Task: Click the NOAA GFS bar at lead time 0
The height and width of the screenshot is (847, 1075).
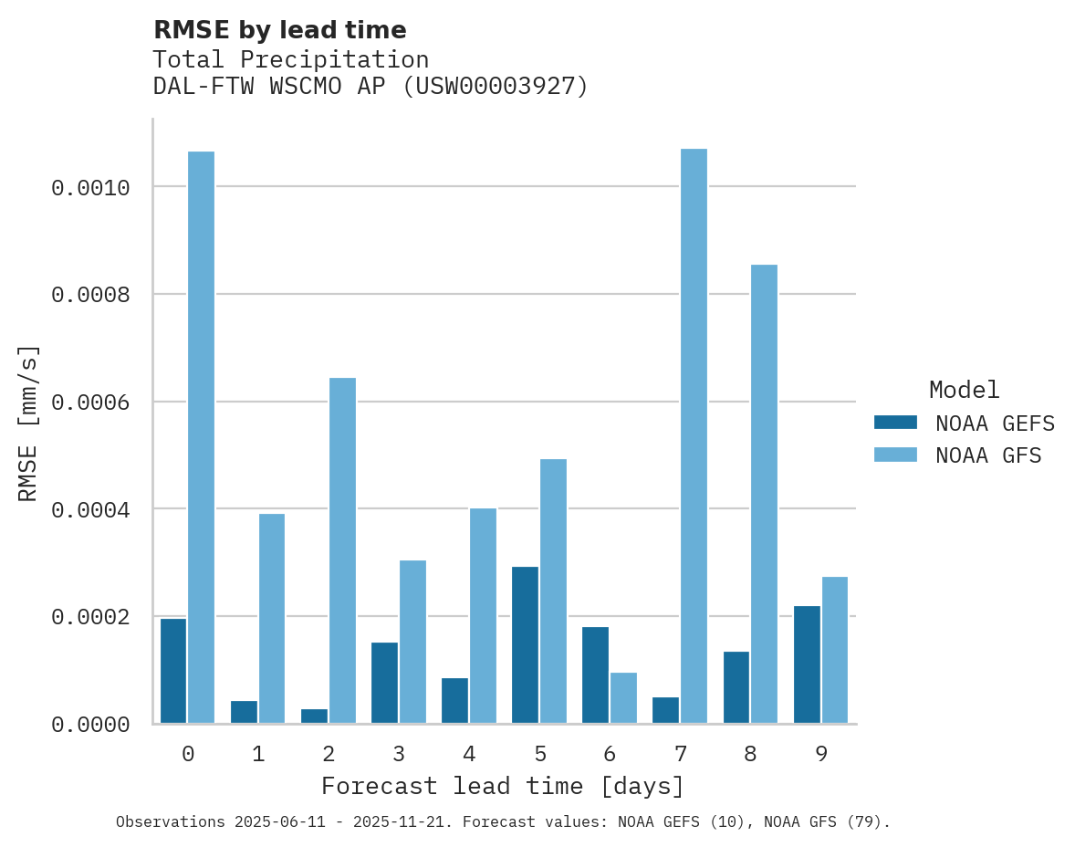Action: coord(202,437)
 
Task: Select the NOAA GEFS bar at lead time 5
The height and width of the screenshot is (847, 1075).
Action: coord(525,645)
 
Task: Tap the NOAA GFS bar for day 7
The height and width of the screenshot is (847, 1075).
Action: coord(694,436)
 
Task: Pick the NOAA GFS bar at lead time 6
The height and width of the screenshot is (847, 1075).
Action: coord(623,698)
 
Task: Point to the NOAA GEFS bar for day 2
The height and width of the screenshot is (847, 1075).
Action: coord(314,716)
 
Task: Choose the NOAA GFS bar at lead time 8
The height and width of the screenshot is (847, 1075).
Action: coord(764,494)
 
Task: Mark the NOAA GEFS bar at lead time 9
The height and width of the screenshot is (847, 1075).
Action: coord(807,664)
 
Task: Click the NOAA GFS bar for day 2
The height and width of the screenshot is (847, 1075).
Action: coord(342,550)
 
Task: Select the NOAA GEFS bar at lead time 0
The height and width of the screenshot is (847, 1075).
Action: coord(173,671)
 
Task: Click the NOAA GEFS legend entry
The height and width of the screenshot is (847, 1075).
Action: coord(964,423)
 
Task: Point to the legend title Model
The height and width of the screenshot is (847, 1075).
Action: coord(964,391)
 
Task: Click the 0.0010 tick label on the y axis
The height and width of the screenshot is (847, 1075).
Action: coord(90,188)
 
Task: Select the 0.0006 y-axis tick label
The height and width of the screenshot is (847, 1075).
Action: coord(90,403)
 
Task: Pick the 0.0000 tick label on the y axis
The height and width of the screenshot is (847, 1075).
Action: coord(90,725)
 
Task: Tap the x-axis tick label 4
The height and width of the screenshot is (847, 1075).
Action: coord(469,754)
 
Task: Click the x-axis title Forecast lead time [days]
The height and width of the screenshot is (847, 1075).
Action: coord(503,786)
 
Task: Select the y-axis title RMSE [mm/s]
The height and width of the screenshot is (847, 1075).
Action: coord(29,423)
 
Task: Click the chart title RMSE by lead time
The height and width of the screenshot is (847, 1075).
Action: coord(279,30)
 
